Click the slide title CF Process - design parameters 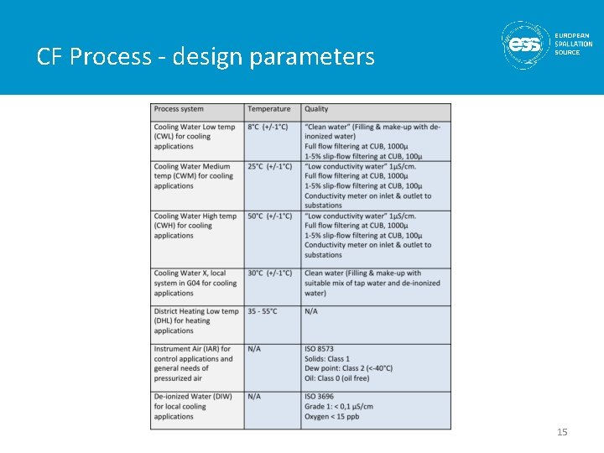pos(206,56)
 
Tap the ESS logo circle pos(525,44)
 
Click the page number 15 pos(562,432)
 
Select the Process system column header pos(179,109)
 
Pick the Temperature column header pos(269,109)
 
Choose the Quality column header pos(317,109)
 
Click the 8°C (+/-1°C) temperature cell pos(268,127)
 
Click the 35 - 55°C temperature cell pos(263,311)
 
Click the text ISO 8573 pos(320,349)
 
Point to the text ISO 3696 pos(320,396)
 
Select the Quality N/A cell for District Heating pos(311,311)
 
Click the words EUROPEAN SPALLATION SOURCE pos(573,44)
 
